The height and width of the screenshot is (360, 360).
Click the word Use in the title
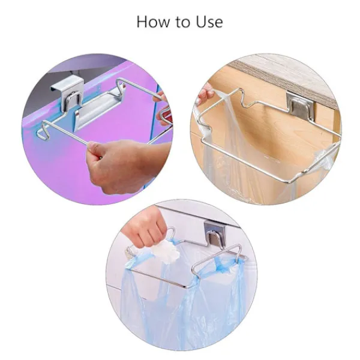(x=209, y=22)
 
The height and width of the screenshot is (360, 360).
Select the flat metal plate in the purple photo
(x=99, y=106)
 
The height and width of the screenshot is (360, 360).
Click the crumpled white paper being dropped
(x=166, y=253)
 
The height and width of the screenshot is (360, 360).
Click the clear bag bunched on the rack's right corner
(x=326, y=158)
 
